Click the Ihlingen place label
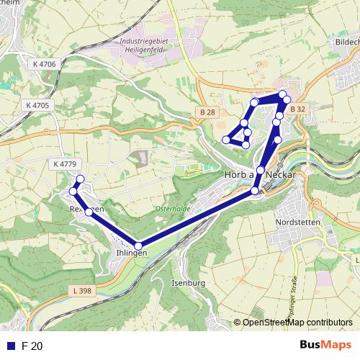[132, 253]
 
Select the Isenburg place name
[189, 283]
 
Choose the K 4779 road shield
[63, 165]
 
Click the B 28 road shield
[208, 112]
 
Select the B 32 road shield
[297, 109]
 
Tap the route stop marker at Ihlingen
[139, 244]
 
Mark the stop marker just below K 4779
[80, 179]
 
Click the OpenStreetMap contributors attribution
[298, 323]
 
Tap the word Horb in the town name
[234, 175]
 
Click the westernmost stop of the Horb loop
[226, 139]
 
